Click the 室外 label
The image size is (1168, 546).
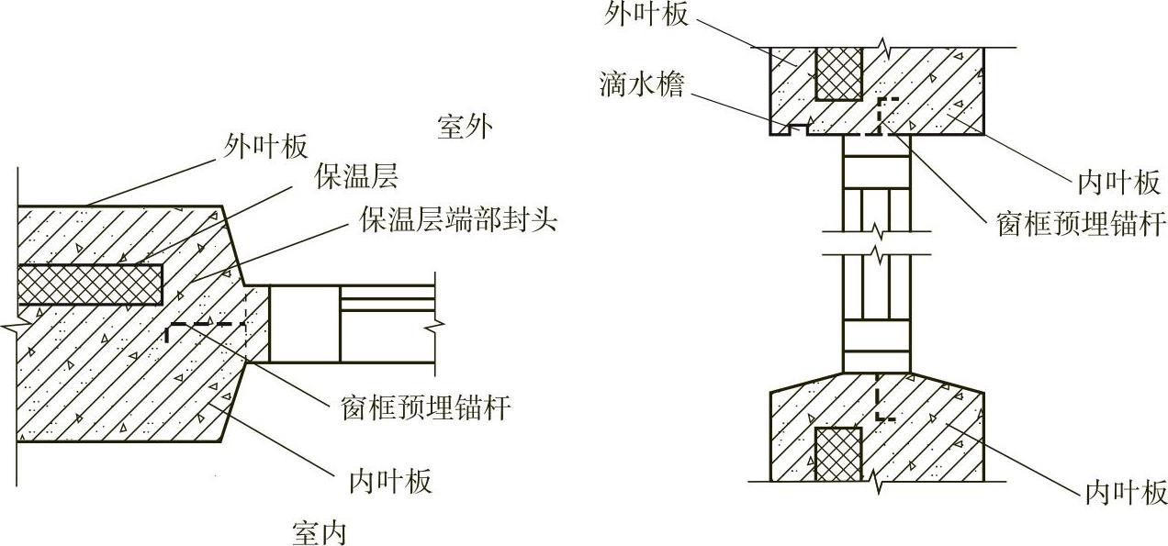click(465, 128)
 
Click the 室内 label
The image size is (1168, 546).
click(320, 531)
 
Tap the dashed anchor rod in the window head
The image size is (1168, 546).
click(880, 114)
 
